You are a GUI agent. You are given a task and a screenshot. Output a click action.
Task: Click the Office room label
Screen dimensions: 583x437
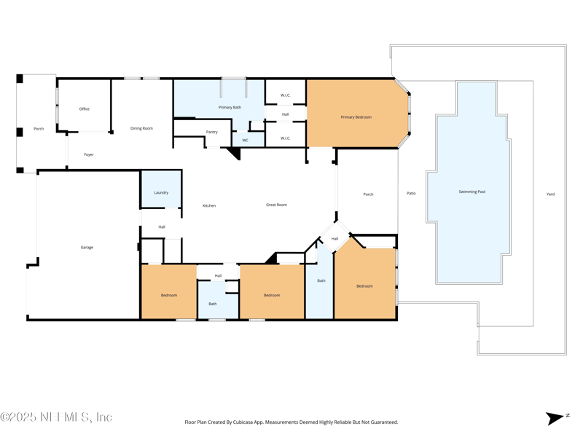click(85, 109)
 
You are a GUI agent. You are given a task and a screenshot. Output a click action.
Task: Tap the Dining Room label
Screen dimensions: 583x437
click(141, 128)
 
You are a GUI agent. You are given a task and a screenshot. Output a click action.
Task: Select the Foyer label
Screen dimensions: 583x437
click(89, 154)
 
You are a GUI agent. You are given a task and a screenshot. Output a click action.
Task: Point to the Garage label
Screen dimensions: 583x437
click(87, 248)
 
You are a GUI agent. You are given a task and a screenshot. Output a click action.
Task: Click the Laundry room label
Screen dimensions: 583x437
click(161, 192)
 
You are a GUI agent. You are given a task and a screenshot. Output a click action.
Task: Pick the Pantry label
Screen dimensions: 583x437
click(212, 132)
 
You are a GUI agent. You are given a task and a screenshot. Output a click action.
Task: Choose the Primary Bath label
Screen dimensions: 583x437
click(230, 107)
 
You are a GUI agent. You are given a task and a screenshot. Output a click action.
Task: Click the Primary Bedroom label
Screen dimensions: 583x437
click(356, 117)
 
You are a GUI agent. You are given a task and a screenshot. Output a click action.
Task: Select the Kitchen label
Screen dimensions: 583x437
click(209, 205)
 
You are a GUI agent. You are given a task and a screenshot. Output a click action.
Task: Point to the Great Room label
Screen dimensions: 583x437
click(277, 205)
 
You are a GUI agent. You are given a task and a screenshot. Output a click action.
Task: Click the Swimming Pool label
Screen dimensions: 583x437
click(472, 192)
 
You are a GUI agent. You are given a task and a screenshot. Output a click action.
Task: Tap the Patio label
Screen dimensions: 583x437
click(411, 193)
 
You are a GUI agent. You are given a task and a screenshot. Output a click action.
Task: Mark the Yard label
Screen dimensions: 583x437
click(551, 194)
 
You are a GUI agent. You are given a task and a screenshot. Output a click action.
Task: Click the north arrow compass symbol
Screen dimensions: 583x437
click(556, 418)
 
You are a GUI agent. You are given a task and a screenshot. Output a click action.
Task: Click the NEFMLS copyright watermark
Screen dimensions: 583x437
click(56, 417)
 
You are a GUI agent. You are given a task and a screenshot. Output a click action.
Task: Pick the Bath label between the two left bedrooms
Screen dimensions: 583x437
click(213, 304)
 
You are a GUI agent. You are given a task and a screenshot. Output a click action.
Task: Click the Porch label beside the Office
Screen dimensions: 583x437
click(39, 129)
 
